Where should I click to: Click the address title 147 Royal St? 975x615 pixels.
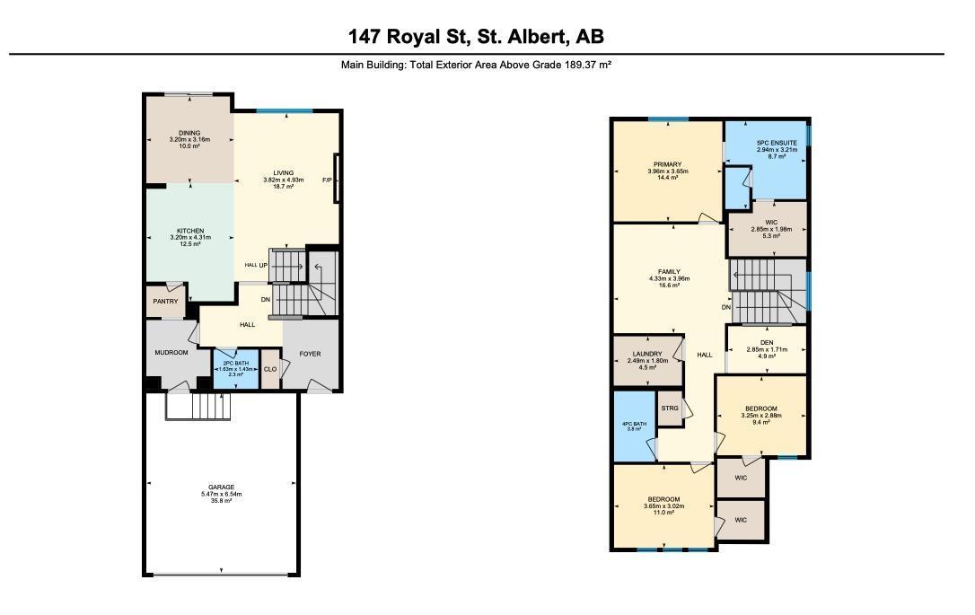(476, 37)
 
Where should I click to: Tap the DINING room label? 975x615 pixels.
(189, 133)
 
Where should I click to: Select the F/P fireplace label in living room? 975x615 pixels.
(327, 180)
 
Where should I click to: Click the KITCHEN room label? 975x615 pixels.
(189, 231)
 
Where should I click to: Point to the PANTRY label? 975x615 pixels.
(165, 302)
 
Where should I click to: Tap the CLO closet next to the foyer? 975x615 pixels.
(269, 368)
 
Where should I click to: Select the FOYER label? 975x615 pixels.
(309, 354)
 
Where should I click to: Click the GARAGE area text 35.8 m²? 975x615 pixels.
(222, 501)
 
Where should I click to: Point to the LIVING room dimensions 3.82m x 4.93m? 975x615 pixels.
(284, 180)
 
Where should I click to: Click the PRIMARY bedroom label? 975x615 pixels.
(667, 164)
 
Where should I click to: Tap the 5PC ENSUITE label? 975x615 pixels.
(770, 143)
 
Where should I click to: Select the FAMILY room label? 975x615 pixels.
(668, 271)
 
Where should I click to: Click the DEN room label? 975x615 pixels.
(767, 342)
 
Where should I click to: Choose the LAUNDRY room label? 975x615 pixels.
(646, 354)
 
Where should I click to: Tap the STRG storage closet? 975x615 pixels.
(669, 408)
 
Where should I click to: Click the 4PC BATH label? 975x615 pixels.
(634, 423)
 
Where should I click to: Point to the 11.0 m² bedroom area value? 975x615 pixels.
(663, 513)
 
